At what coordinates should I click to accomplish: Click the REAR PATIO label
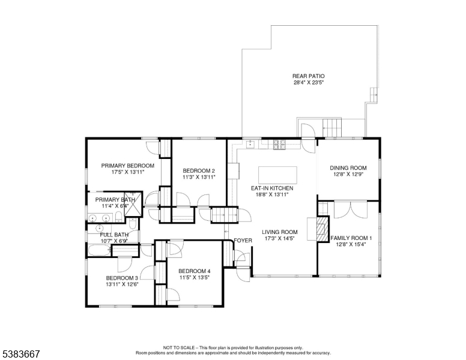(309, 76)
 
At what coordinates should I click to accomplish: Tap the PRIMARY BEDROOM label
(128, 166)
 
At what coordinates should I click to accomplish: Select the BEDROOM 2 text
(199, 171)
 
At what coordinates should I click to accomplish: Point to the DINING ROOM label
(348, 168)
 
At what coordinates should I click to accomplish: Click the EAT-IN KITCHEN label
(272, 188)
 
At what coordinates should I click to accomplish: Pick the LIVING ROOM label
(280, 232)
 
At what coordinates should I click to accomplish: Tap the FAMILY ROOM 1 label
(351, 238)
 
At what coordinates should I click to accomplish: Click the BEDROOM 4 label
(195, 271)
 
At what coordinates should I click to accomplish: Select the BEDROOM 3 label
(122, 278)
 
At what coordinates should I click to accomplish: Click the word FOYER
(243, 241)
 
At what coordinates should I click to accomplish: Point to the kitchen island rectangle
(277, 175)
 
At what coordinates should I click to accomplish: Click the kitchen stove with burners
(279, 145)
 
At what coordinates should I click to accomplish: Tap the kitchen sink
(250, 144)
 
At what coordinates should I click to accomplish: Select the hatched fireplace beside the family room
(322, 229)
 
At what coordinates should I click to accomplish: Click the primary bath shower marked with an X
(133, 203)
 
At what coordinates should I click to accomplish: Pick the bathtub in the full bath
(99, 250)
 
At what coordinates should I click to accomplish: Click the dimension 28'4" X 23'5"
(309, 83)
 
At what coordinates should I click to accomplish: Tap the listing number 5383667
(21, 354)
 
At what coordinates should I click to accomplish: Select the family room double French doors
(351, 210)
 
